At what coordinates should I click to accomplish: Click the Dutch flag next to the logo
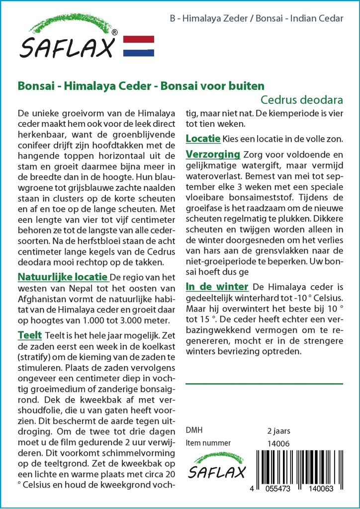(138, 46)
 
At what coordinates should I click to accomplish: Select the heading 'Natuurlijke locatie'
(62, 277)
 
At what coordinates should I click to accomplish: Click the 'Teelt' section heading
(30, 336)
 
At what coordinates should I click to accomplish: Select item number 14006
(276, 443)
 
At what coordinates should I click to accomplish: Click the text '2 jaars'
(278, 430)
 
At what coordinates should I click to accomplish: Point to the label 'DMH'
(194, 430)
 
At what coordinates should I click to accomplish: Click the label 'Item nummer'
(208, 443)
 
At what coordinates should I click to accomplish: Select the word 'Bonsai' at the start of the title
(32, 85)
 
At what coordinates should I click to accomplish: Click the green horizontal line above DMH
(264, 384)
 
